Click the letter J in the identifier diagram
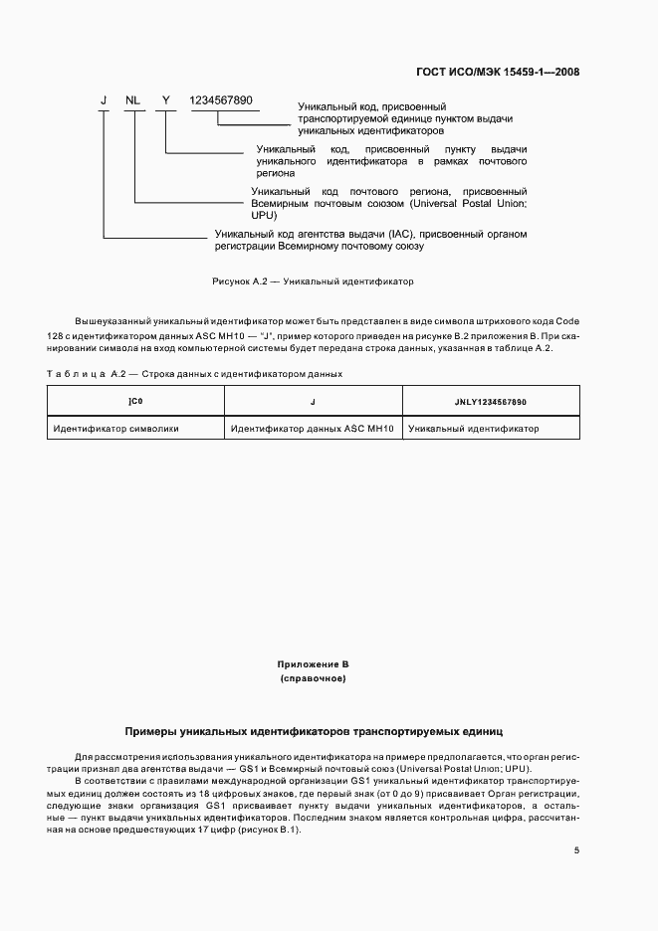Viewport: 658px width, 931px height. coord(103,100)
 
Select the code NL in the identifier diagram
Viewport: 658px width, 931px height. coord(132,100)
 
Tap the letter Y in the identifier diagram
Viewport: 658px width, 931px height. coord(166,100)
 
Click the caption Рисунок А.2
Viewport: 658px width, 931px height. coord(312,281)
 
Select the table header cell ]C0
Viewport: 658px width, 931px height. coord(136,401)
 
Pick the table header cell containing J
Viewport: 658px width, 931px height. coord(313,401)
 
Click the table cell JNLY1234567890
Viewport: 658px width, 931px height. coord(491,401)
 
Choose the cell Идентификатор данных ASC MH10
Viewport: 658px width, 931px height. coord(313,429)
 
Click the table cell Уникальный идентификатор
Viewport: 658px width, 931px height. coord(474,429)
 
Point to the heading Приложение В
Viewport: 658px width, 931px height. coord(313,663)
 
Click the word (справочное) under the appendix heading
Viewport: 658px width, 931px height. coord(313,678)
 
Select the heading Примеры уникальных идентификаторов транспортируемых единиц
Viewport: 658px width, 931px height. coord(313,730)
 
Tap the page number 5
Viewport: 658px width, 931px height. coord(577,850)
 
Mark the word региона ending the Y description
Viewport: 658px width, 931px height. coord(277,172)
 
